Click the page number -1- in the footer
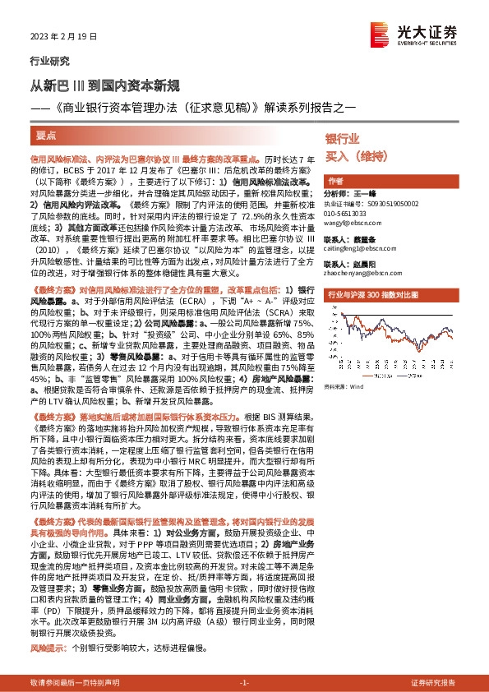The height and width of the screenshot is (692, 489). [244, 684]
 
